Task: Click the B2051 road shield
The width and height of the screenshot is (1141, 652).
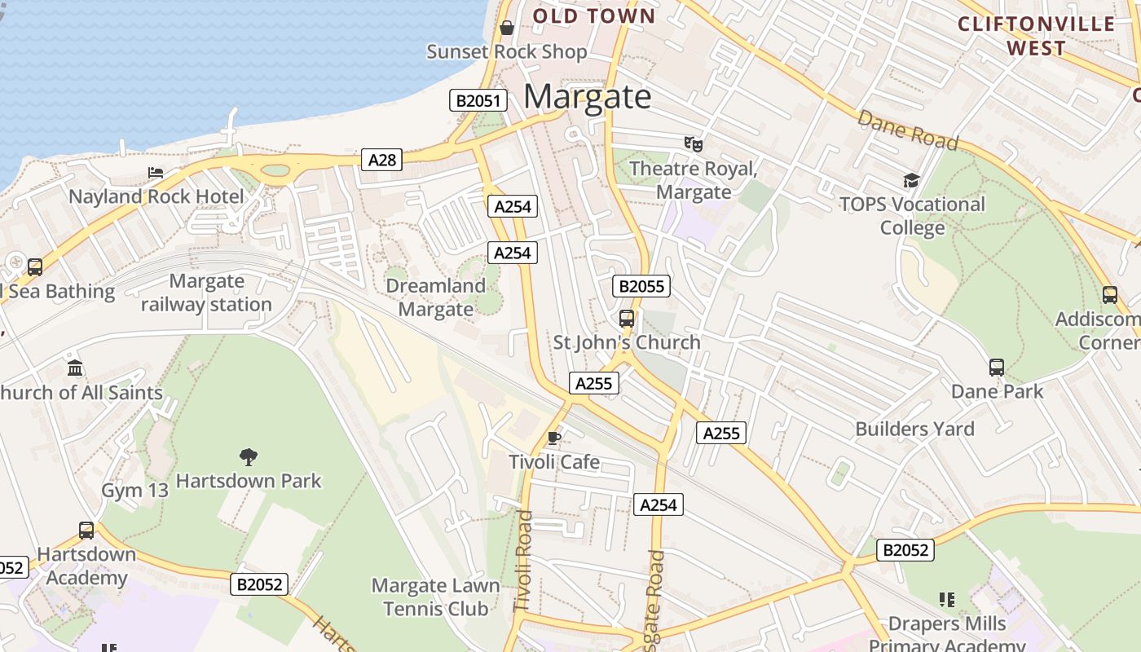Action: (x=478, y=101)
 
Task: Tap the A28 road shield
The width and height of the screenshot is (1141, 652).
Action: (x=382, y=160)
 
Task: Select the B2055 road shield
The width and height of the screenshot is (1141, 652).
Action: (x=641, y=286)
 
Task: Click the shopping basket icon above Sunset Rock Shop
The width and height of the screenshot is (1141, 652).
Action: (x=507, y=28)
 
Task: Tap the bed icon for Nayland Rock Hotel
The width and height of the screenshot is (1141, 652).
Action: (x=156, y=173)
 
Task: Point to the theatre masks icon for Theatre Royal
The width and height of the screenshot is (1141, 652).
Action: (x=694, y=145)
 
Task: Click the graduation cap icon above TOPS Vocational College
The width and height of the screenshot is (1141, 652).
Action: (x=911, y=180)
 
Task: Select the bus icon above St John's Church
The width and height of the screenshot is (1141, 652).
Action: (x=627, y=319)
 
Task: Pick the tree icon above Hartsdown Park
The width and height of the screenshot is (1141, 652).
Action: (x=249, y=456)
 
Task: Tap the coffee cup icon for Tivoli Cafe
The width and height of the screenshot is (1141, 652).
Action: (x=554, y=438)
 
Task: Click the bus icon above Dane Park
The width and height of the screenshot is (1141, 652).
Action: (x=997, y=368)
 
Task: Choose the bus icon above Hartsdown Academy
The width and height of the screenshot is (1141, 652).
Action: (x=86, y=531)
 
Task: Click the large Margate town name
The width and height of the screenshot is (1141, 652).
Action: (x=588, y=97)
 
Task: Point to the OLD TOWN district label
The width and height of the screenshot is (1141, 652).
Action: (x=594, y=16)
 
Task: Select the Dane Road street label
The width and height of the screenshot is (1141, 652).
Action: (x=907, y=130)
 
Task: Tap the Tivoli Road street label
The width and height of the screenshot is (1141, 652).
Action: (x=523, y=562)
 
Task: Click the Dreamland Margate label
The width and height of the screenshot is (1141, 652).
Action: (x=435, y=297)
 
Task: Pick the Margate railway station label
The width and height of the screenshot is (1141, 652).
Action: (x=206, y=293)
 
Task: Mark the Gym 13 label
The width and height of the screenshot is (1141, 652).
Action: (x=134, y=491)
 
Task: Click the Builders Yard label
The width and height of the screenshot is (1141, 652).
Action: (x=914, y=430)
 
